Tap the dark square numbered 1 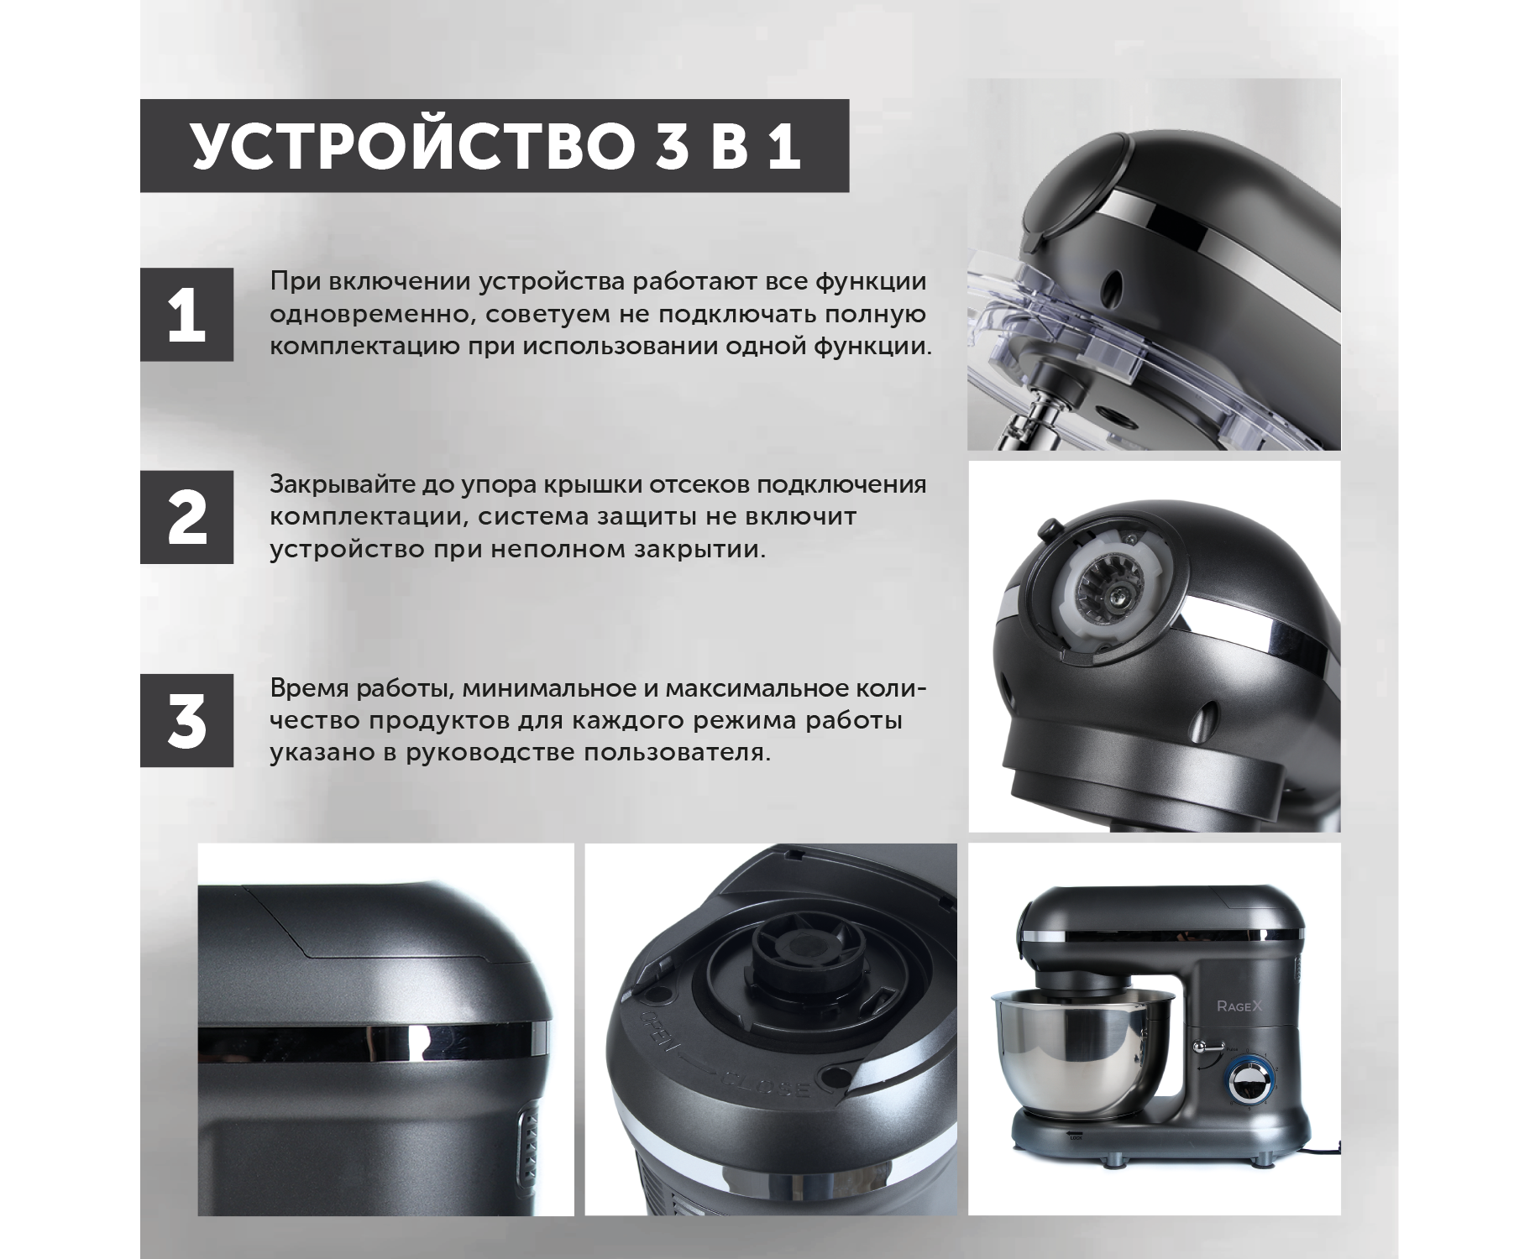coord(186,315)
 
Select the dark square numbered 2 coord(186,517)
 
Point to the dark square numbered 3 coord(186,720)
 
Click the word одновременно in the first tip coord(367,315)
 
